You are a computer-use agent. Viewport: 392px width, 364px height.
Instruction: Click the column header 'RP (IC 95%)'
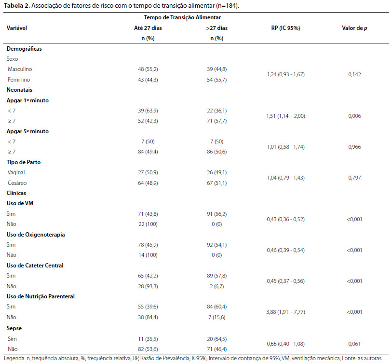(285, 28)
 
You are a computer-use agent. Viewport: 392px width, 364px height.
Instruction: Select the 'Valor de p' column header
(354, 28)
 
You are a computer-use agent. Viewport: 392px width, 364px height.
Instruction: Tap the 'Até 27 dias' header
(148, 28)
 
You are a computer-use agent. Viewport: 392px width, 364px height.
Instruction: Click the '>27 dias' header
(217, 28)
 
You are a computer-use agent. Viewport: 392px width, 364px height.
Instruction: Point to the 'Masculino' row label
(20, 69)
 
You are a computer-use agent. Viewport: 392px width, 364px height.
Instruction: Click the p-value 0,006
(354, 116)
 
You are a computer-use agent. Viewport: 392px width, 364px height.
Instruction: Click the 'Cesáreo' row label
(17, 183)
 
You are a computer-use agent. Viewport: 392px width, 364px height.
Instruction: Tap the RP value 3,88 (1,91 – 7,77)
(285, 312)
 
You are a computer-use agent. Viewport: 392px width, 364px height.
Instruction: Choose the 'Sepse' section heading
(14, 328)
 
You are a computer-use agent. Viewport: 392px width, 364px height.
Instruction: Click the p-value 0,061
(354, 344)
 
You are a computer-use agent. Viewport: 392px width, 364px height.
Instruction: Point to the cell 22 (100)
(148, 224)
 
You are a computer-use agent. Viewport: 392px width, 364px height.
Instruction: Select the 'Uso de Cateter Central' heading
(35, 266)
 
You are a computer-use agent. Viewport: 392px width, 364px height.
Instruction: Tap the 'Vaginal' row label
(16, 172)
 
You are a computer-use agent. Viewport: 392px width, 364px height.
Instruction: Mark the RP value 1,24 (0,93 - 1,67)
(285, 74)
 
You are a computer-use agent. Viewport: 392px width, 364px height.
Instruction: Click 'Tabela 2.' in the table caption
(17, 5)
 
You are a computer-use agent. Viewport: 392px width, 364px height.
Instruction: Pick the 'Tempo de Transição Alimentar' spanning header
(182, 17)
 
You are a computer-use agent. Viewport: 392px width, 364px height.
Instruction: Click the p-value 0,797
(354, 178)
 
